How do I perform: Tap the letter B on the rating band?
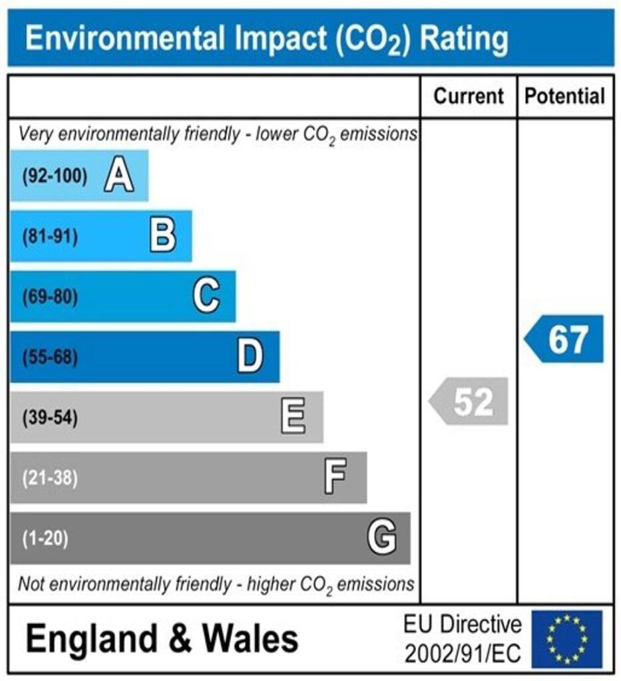pyautogui.click(x=162, y=236)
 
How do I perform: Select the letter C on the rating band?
pyautogui.click(x=206, y=297)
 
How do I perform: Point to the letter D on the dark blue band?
pyautogui.click(x=250, y=357)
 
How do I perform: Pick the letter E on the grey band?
pyautogui.click(x=293, y=418)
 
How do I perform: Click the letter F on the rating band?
pyautogui.click(x=335, y=477)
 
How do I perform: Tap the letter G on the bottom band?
pyautogui.click(x=382, y=537)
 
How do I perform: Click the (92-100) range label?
pyautogui.click(x=55, y=177)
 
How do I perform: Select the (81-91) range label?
pyautogui.click(x=50, y=237)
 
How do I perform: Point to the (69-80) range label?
pyautogui.click(x=50, y=297)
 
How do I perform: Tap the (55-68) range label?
pyautogui.click(x=50, y=358)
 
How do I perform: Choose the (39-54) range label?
pyautogui.click(x=50, y=418)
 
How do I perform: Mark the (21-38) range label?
pyautogui.click(x=50, y=478)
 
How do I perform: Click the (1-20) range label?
pyautogui.click(x=45, y=538)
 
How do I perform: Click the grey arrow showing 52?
pyautogui.click(x=469, y=402)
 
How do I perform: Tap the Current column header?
pyautogui.click(x=469, y=96)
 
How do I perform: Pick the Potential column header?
pyautogui.click(x=565, y=96)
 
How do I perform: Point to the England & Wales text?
pyautogui.click(x=162, y=639)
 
